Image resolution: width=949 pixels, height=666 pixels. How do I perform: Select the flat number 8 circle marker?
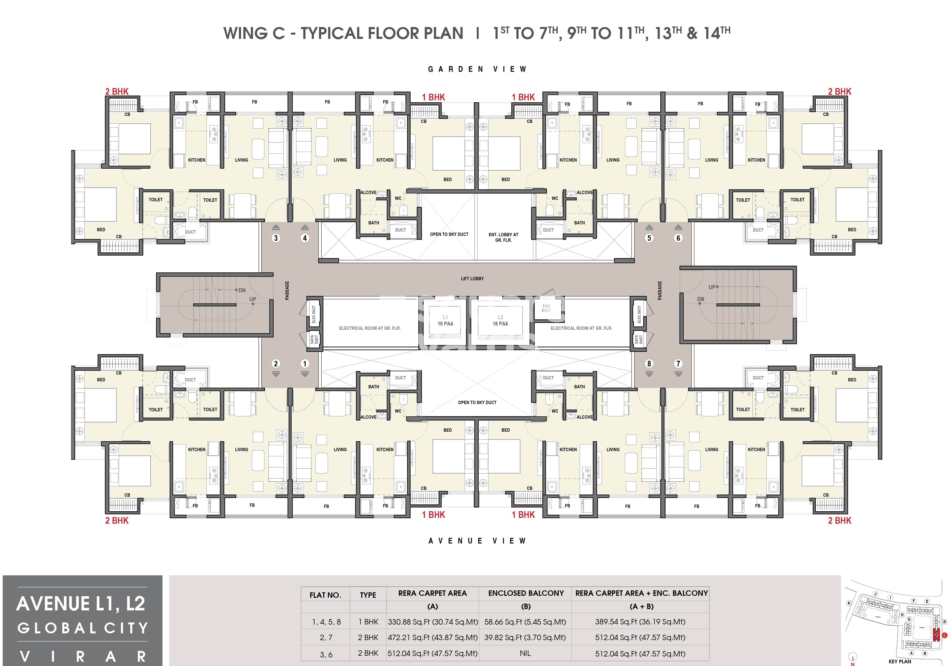tap(649, 363)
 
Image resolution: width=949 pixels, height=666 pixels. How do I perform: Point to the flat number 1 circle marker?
tap(305, 363)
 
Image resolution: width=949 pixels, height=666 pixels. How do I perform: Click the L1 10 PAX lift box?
tap(445, 320)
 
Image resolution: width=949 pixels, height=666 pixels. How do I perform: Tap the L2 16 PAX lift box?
tap(500, 320)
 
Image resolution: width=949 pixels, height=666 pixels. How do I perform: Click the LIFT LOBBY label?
tap(472, 279)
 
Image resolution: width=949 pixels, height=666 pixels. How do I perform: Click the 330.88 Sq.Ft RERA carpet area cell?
tap(432, 622)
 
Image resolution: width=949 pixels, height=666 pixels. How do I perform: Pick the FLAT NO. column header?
tap(325, 595)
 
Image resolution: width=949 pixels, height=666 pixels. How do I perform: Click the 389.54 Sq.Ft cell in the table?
tap(640, 622)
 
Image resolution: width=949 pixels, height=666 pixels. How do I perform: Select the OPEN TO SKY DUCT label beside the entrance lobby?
tap(449, 234)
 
